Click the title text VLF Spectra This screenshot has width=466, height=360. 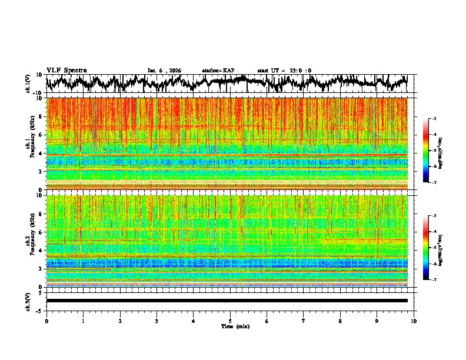(x=66, y=70)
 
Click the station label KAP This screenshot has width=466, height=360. (x=218, y=71)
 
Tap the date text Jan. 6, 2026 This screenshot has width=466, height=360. (x=164, y=71)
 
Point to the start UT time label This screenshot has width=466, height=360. (x=284, y=71)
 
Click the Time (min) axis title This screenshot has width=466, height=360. (x=230, y=326)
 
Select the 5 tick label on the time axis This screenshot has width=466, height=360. (x=230, y=321)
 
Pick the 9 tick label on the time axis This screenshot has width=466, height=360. (x=377, y=321)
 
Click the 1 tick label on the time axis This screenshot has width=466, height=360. (x=83, y=321)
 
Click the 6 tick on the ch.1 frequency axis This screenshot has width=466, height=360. (x=41, y=135)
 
